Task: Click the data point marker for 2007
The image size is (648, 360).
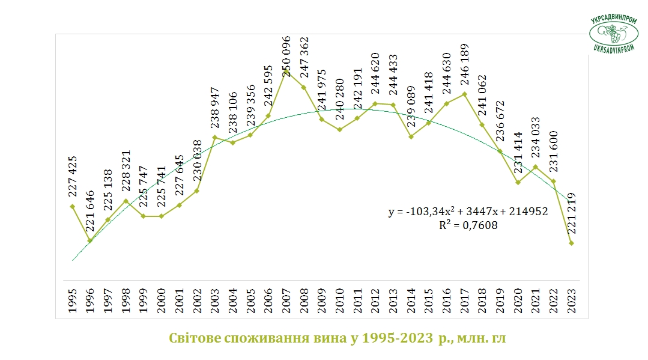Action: pyautogui.click(x=286, y=72)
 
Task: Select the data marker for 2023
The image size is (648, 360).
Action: pyautogui.click(x=572, y=243)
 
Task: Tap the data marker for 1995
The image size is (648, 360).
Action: pyautogui.click(x=72, y=207)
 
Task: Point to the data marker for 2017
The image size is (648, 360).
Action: pyautogui.click(x=464, y=94)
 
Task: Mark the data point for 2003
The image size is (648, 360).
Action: pyautogui.click(x=214, y=138)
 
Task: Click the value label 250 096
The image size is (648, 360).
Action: pyautogui.click(x=286, y=56)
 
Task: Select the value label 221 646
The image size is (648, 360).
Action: pyautogui.click(x=90, y=210)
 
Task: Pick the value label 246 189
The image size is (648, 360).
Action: pyautogui.click(x=464, y=64)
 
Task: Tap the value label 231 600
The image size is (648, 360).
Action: pyautogui.click(x=553, y=151)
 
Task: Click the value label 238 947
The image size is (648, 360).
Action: pyautogui.click(x=214, y=108)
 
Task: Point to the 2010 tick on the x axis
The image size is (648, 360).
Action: pyautogui.click(x=340, y=301)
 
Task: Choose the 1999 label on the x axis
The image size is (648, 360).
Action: pyautogui.click(x=144, y=301)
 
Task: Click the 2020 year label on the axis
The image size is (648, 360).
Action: pyautogui.click(x=518, y=301)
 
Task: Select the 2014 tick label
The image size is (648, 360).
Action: pyautogui.click(x=411, y=301)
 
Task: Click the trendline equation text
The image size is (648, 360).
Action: pyautogui.click(x=468, y=211)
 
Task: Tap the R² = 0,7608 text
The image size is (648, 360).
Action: pyautogui.click(x=468, y=225)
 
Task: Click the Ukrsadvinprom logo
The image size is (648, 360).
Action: pyautogui.click(x=614, y=34)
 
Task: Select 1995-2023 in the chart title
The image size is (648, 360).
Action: pyautogui.click(x=398, y=338)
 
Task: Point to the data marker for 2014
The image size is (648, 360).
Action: pyautogui.click(x=411, y=136)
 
